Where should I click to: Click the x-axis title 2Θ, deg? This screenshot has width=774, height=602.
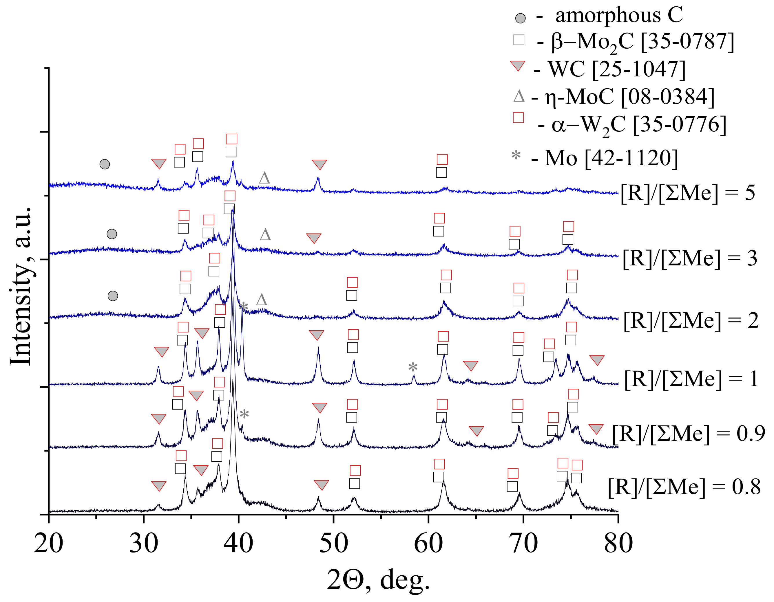[378, 580]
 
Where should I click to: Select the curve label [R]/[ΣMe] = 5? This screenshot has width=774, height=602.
[687, 193]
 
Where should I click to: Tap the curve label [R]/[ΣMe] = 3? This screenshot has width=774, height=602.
[690, 258]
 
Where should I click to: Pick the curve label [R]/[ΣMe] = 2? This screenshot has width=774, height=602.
[691, 321]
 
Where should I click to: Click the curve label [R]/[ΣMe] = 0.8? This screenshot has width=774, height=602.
[684, 487]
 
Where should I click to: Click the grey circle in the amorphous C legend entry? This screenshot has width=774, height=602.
[520, 18]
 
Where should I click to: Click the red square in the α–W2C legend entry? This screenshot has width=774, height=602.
[518, 117]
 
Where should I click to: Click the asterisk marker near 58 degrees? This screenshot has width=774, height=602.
[413, 367]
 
